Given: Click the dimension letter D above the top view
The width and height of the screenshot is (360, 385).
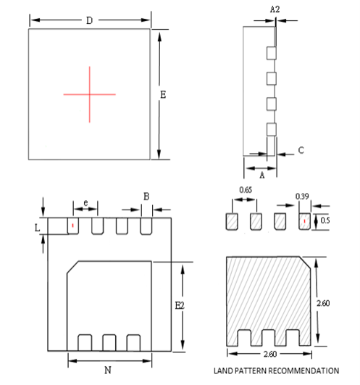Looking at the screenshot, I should point(89,20).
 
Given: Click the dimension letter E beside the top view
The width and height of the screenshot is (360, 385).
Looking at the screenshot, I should point(163,94).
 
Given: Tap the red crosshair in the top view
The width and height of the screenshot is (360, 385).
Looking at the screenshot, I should point(89,94).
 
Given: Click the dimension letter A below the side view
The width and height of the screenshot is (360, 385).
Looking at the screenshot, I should point(261,173).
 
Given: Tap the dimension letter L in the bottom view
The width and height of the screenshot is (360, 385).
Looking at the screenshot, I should point(38,227).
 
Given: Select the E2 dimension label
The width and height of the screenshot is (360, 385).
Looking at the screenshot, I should point(180,305).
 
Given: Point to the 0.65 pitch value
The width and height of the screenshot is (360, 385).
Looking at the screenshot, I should point(246,190).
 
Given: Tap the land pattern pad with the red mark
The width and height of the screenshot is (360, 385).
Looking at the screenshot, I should point(304,220).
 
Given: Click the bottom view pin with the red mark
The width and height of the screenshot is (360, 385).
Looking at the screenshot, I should point(72,226).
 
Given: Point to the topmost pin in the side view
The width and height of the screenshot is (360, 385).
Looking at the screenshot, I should point(272,53).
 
